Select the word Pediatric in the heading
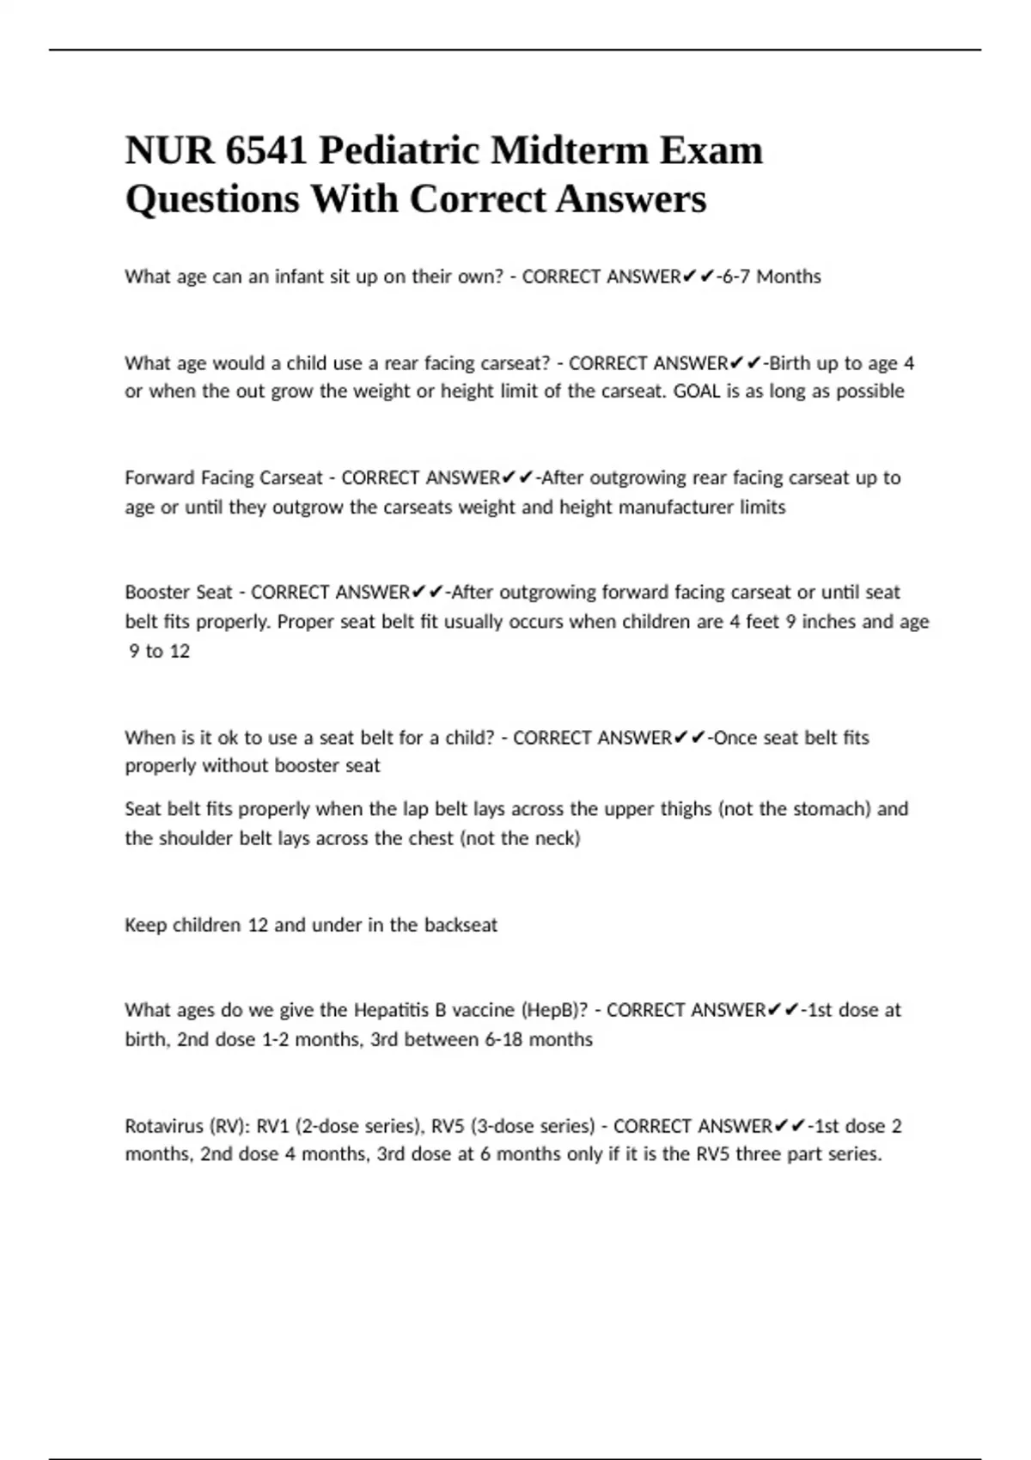pyautogui.click(x=400, y=151)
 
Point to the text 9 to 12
pyautogui.click(x=159, y=651)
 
